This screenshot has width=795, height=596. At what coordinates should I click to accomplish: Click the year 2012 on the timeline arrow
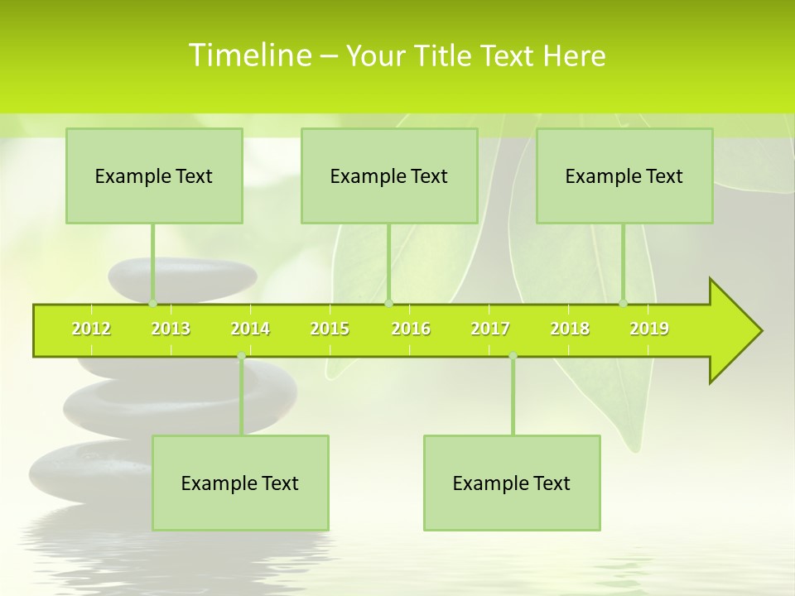pos(91,329)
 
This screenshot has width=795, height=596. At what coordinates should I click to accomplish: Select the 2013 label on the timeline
pos(171,329)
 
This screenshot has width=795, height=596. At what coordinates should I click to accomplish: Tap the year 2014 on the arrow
pos(250,329)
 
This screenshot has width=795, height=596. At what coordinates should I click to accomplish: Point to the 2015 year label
pos(330,329)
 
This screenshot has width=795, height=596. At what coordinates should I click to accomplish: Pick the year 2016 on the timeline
pos(411,329)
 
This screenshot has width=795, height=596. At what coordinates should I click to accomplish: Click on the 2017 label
pos(490,329)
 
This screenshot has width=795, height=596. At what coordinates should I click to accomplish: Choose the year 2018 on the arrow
pos(570,329)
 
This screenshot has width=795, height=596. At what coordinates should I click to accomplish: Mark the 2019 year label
pos(649,329)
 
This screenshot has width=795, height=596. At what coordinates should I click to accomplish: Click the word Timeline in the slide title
pos(249,55)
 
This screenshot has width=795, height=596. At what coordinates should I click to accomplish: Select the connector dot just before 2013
pos(152,303)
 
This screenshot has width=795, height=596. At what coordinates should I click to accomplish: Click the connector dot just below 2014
pos(241,356)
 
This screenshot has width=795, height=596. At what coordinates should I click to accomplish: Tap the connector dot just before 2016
pos(388,303)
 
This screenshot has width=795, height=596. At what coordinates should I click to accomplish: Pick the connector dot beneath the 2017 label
pos(513,356)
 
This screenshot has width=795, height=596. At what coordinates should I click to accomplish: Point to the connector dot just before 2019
pos(624,303)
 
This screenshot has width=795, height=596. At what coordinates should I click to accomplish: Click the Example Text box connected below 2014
pos(240,483)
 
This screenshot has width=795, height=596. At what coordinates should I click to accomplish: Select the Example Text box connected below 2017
pos(512,483)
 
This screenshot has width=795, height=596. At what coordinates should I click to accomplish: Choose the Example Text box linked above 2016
pos(389,175)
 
